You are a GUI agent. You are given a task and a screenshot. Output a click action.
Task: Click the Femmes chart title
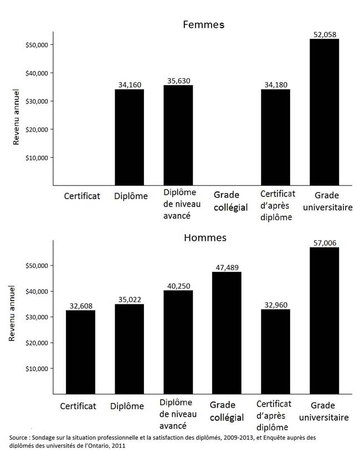(x=203, y=25)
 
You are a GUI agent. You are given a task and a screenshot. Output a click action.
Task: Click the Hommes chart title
(x=205, y=237)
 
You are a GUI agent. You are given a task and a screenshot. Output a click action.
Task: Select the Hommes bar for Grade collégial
(x=227, y=333)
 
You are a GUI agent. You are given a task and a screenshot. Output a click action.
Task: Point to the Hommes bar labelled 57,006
(x=324, y=320)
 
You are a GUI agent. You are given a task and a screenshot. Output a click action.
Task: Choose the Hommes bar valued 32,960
(x=276, y=351)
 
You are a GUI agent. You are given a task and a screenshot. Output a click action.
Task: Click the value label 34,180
(x=275, y=85)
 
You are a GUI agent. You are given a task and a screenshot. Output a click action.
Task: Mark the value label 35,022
(x=130, y=299)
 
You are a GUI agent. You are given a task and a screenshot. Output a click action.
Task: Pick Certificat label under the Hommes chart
(x=80, y=406)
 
